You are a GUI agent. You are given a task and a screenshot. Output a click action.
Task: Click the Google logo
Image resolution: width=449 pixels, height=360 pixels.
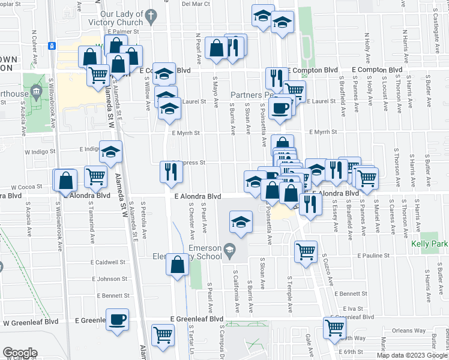coord(20,353)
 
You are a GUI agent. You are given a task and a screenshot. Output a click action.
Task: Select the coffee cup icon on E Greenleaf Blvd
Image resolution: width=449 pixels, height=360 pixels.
coord(116,319)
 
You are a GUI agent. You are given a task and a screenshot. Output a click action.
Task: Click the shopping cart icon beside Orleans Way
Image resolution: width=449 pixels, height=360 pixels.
coord(333,328)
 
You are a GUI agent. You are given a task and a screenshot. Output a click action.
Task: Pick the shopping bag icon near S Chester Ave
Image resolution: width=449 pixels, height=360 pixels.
coord(178,264)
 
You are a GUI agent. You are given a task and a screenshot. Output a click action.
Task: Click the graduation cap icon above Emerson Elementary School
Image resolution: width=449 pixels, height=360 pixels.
coord(240,223)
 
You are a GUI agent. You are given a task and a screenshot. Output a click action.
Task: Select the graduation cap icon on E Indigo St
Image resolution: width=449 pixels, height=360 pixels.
coord(110,152)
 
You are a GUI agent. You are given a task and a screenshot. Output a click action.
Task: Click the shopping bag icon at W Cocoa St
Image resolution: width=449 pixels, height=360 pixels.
coord(66,179)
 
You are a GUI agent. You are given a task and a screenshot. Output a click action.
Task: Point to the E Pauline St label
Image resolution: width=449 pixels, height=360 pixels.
coord(373,255)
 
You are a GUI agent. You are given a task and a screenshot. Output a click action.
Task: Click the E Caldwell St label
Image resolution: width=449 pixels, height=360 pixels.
coord(108,262)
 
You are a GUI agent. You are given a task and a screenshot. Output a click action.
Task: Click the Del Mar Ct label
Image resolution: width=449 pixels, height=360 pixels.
coord(196,4)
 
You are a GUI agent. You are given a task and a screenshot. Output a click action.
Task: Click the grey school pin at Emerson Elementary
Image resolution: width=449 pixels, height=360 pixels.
coord(229,248)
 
